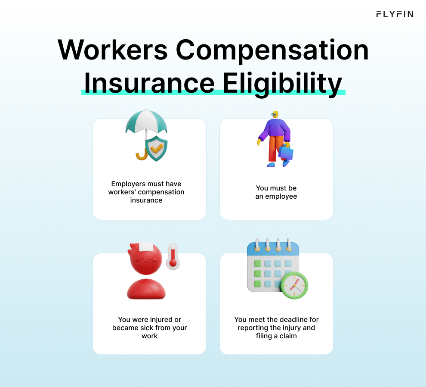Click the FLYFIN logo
coord(394,14)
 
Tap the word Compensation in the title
coord(272,51)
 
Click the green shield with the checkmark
coord(156,149)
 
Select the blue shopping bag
coord(286,151)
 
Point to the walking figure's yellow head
coord(275,114)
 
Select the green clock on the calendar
coord(294,285)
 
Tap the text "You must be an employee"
coord(276,192)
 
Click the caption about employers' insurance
coord(146,192)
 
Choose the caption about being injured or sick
coord(150,328)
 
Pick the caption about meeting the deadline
coord(276,328)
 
